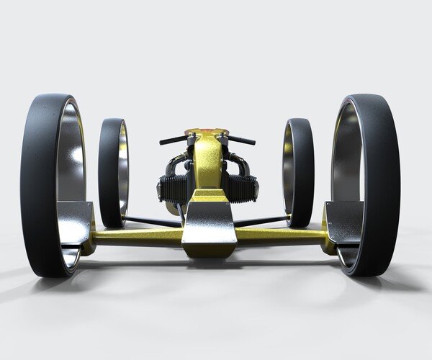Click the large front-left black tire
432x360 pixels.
(x=36, y=187)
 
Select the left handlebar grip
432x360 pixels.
(x=172, y=140)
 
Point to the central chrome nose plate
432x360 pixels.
(x=209, y=227)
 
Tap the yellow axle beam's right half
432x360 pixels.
(x=281, y=235)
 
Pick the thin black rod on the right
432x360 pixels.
(x=263, y=220)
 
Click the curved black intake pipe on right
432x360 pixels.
(x=241, y=164)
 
